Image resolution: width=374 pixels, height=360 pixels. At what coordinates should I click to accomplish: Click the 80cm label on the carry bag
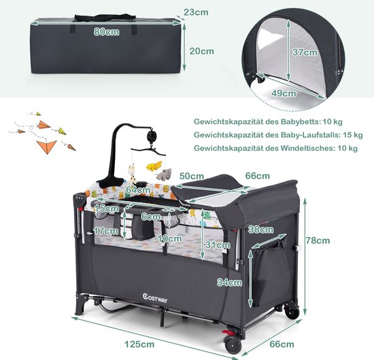(x=106, y=32)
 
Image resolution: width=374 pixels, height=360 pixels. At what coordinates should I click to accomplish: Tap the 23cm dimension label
(x=196, y=12)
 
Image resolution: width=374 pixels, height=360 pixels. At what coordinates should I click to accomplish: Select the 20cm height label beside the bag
(x=202, y=51)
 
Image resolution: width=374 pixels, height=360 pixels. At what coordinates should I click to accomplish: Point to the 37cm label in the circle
(x=305, y=52)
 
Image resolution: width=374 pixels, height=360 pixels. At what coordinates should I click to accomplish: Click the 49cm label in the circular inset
(x=284, y=93)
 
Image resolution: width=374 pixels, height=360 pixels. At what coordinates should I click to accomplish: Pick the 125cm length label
(x=139, y=344)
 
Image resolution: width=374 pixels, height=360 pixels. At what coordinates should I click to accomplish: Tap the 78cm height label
(x=318, y=240)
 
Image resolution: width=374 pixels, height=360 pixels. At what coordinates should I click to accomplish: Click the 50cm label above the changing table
(x=192, y=176)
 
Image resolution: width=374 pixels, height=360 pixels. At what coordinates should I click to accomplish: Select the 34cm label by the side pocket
(x=229, y=283)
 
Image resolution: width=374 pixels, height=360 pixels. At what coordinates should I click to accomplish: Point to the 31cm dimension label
(x=218, y=245)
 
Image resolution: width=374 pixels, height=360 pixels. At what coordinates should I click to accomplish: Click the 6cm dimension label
(x=151, y=217)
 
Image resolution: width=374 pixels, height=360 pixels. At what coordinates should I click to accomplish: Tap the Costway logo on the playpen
(x=155, y=298)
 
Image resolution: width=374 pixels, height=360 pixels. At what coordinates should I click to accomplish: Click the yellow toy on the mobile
(x=154, y=166)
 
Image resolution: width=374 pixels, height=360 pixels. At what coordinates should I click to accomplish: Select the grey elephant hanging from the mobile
(x=164, y=174)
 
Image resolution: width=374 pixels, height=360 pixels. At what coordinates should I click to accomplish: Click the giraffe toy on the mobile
(x=132, y=173)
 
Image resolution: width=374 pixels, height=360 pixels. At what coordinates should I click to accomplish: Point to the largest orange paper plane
(x=47, y=147)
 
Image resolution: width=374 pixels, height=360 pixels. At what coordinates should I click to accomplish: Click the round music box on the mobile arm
(x=151, y=136)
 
